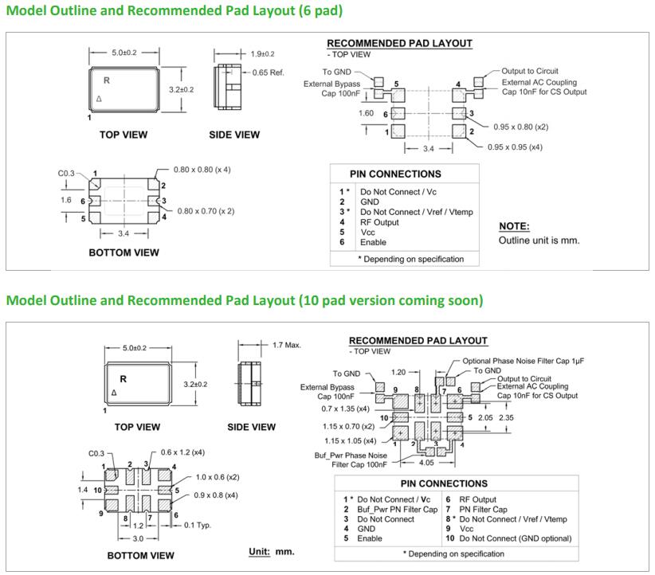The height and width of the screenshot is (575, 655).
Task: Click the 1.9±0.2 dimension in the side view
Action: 262,54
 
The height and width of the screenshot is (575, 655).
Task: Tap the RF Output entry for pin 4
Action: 379,222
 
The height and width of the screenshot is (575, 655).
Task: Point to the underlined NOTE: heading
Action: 514,226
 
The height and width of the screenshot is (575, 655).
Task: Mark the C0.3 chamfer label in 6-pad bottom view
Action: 67,171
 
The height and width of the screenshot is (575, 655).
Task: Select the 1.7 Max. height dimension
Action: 287,345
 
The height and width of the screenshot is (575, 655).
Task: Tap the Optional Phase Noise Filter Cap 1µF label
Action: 524,361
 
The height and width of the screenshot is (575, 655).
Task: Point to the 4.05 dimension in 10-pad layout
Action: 426,462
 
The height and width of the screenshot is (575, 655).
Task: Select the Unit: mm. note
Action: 271,551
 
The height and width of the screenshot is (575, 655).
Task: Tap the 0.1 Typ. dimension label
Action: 198,525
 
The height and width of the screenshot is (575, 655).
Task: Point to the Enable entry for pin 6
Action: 374,242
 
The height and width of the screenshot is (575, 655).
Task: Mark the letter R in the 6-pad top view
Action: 106,80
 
